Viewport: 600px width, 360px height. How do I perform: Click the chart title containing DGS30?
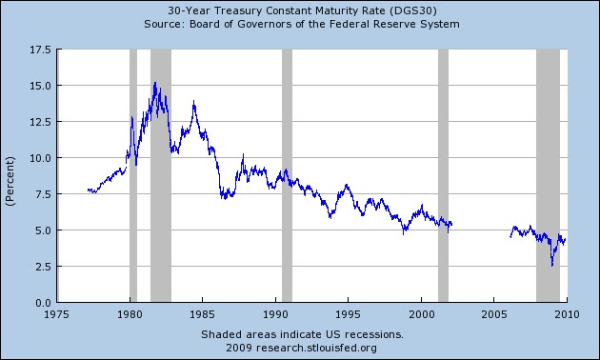(x=301, y=10)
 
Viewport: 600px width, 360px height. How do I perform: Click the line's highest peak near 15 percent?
(x=154, y=83)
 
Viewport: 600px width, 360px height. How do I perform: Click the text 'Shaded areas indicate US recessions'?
(x=302, y=335)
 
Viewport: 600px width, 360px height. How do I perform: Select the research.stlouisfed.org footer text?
(x=302, y=349)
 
